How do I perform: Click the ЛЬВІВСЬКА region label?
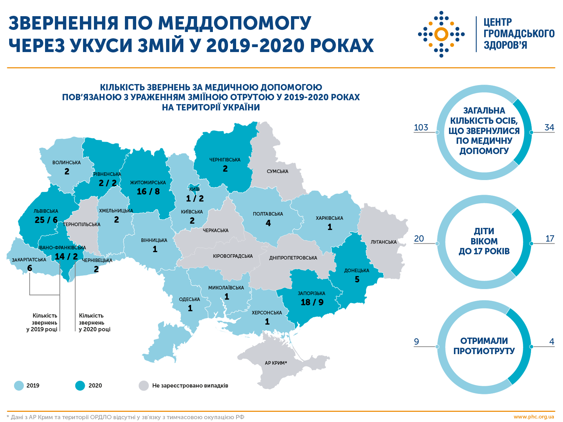(46, 211)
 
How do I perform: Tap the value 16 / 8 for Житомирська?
(148, 192)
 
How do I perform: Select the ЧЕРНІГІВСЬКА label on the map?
(225, 160)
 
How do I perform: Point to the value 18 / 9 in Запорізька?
(312, 302)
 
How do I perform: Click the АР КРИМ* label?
(276, 363)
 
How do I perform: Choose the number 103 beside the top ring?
(421, 127)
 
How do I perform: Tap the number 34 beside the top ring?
(549, 127)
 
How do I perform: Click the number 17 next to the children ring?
(550, 239)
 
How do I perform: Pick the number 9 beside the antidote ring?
(417, 341)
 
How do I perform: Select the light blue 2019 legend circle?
(19, 386)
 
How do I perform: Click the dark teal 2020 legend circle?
(80, 386)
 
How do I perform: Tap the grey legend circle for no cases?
(144, 386)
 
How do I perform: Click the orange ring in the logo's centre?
(441, 34)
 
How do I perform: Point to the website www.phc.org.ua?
(533, 417)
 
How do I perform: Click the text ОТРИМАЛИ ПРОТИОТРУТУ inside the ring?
(484, 346)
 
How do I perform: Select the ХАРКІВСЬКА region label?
(329, 218)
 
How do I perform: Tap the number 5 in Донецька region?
(357, 280)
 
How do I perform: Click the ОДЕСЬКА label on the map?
(189, 300)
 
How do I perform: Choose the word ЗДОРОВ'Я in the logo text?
(505, 45)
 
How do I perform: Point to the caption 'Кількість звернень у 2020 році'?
(94, 322)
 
